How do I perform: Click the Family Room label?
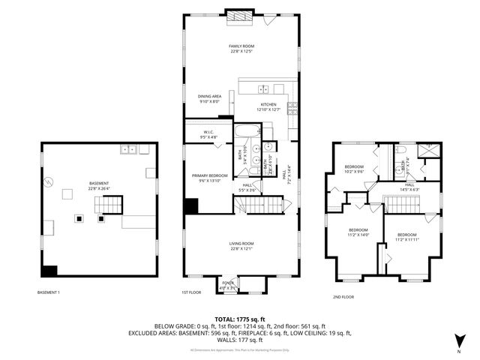pos(241,49)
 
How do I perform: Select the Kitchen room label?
pos(268,107)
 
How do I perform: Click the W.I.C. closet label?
pos(208,135)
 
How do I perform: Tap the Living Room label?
pos(241,245)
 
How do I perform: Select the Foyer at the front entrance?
pos(227,285)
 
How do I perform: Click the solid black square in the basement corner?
pos(49,271)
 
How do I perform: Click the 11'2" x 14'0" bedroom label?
pos(358,232)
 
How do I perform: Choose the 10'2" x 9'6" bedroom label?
pos(354,169)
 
